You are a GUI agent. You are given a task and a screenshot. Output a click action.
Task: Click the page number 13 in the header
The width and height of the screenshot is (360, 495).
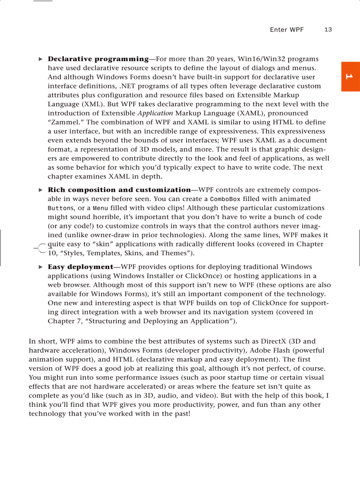328,30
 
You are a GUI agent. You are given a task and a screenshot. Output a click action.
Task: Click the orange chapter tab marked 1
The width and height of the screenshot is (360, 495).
350,77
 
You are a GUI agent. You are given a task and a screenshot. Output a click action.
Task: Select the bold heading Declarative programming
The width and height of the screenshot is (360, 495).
98,59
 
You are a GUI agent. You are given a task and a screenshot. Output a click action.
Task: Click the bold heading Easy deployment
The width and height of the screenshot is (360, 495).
80,267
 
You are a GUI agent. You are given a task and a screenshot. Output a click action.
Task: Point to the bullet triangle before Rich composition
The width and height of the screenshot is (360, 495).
41,190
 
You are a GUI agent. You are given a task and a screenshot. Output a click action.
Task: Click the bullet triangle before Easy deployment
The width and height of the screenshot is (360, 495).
41,267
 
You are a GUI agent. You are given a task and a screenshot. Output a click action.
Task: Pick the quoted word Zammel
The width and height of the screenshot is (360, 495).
62,122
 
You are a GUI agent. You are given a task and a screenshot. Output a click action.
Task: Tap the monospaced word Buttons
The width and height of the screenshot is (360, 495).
60,208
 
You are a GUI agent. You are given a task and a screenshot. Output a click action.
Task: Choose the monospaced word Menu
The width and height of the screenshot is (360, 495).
99,208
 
